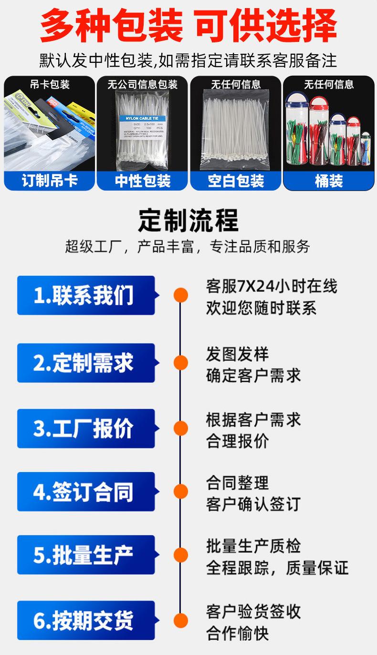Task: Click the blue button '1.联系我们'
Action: [x=86, y=295]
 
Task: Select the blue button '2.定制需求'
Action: [x=86, y=363]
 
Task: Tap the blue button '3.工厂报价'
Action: [x=86, y=429]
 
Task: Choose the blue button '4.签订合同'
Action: [x=86, y=492]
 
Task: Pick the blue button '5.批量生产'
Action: [x=86, y=555]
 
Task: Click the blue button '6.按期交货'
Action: [x=86, y=620]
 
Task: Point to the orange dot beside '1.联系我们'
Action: [x=180, y=295]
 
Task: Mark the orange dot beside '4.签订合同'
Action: [x=180, y=491]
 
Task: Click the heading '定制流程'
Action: [x=188, y=219]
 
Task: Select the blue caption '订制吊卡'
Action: [x=50, y=181]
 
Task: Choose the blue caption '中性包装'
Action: [x=143, y=181]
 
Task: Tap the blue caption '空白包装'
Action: [x=236, y=181]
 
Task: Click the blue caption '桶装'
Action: [x=329, y=181]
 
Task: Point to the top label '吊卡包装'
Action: [x=50, y=85]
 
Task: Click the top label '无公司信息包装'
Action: [x=142, y=85]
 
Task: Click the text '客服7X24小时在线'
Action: [x=272, y=286]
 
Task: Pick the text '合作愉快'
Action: [x=237, y=634]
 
